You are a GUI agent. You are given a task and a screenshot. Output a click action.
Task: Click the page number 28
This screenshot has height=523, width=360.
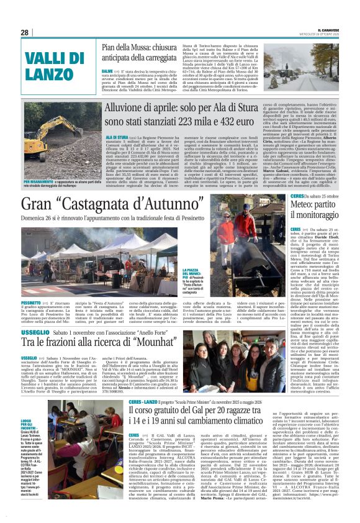pos(25,32)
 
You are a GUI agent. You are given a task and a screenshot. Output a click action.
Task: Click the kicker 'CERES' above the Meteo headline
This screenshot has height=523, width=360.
pos(297,196)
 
